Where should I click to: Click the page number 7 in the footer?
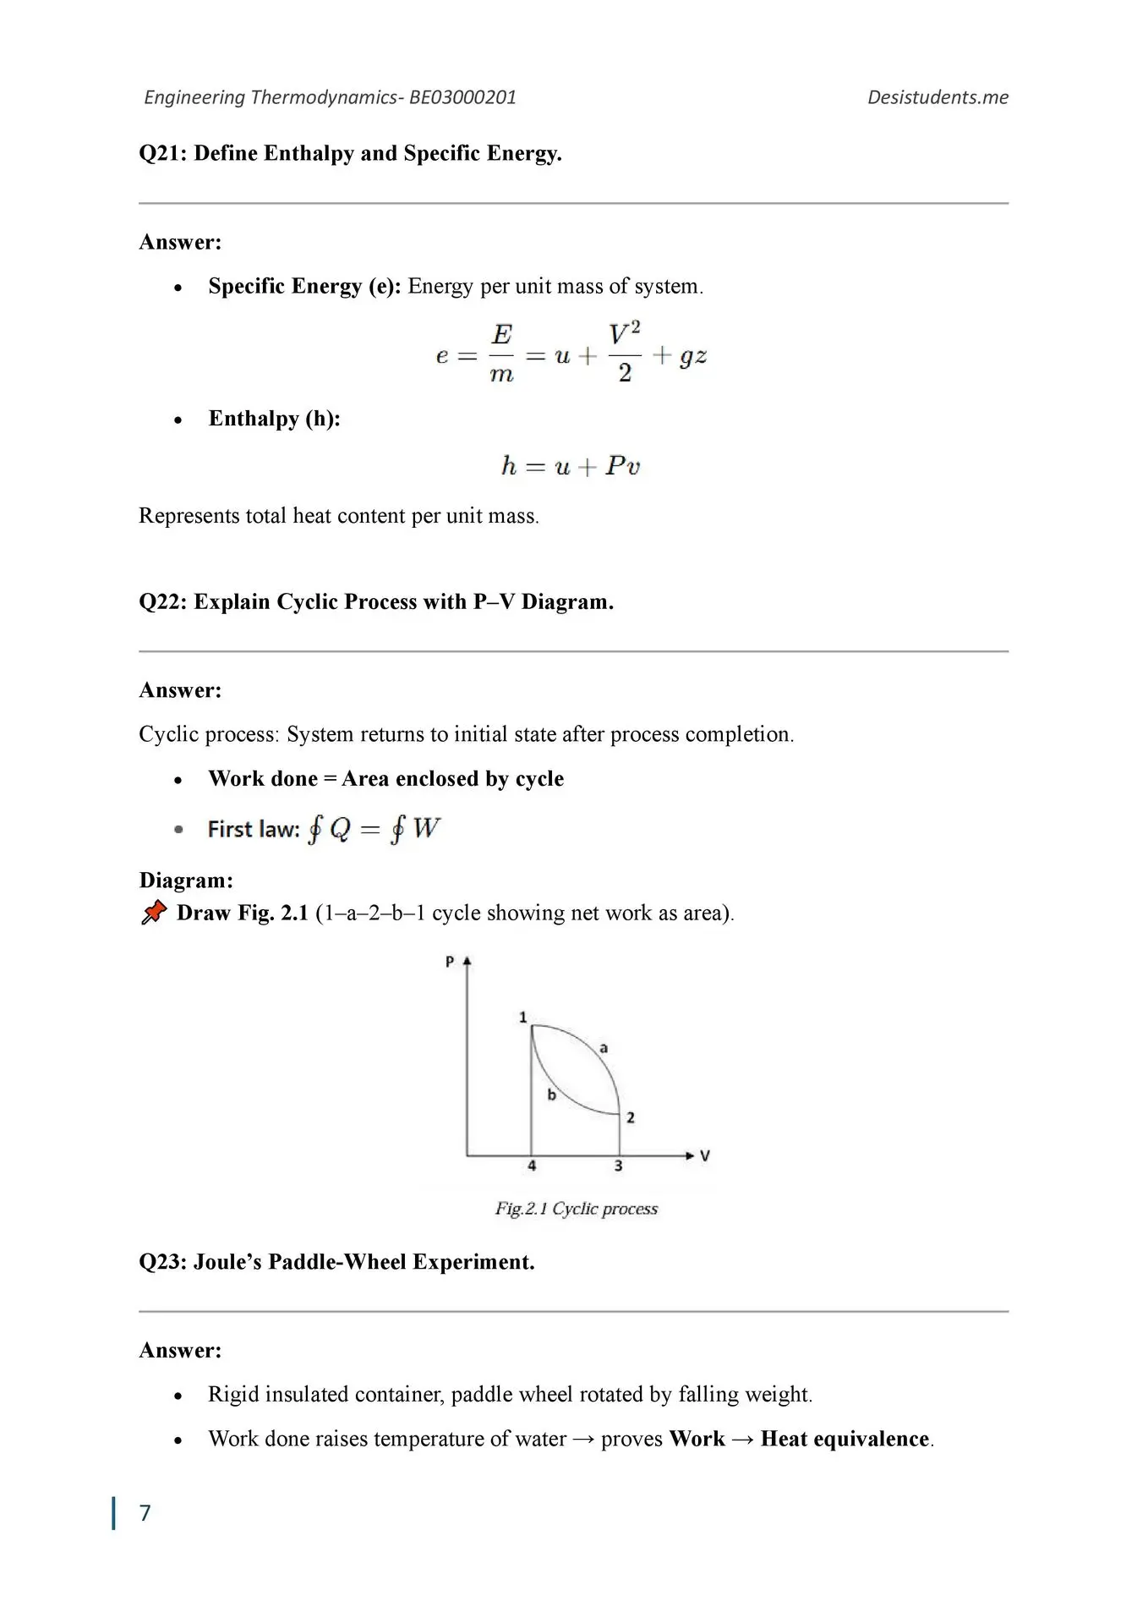[145, 1512]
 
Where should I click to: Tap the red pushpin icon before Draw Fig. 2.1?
[154, 912]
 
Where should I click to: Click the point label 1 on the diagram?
[523, 1017]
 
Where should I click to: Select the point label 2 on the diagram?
[631, 1117]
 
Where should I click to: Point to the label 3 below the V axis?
[618, 1166]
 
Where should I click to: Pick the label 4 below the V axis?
[532, 1166]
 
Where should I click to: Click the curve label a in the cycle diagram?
[604, 1048]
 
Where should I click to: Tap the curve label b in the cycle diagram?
[551, 1095]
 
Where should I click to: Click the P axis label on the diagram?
[450, 962]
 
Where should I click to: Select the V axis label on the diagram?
[705, 1155]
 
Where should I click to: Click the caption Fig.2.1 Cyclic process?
[576, 1209]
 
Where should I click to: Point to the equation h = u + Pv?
[571, 466]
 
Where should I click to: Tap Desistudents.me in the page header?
[938, 97]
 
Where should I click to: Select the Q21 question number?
[162, 153]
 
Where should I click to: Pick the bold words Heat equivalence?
[845, 1439]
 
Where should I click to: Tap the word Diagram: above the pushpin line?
[186, 880]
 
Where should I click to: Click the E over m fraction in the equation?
[501, 354]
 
